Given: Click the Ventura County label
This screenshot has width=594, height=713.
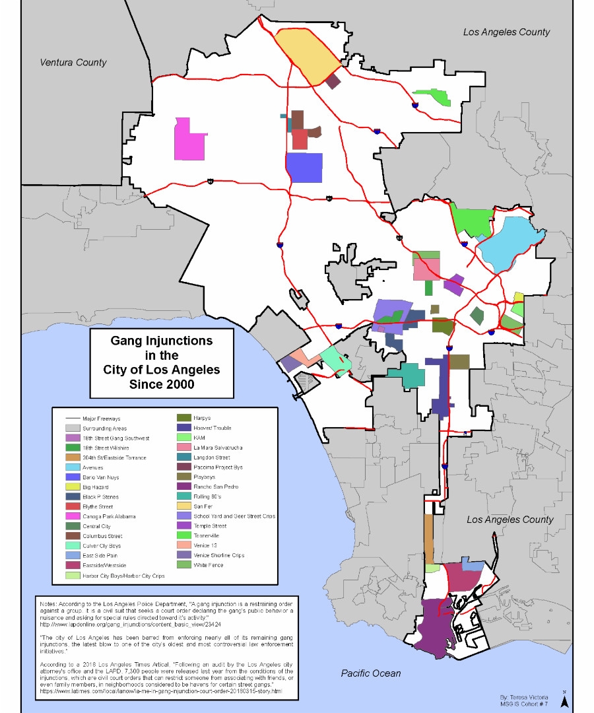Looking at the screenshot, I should [73, 63].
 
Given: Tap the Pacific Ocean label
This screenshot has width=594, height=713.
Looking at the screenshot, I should [371, 673].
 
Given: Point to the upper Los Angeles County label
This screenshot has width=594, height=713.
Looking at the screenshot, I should [506, 32].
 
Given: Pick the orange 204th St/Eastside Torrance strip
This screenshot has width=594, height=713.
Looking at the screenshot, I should [428, 538].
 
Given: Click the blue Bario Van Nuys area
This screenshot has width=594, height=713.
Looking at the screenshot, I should [304, 167].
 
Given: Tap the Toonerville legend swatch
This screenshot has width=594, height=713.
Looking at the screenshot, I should [180, 536].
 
